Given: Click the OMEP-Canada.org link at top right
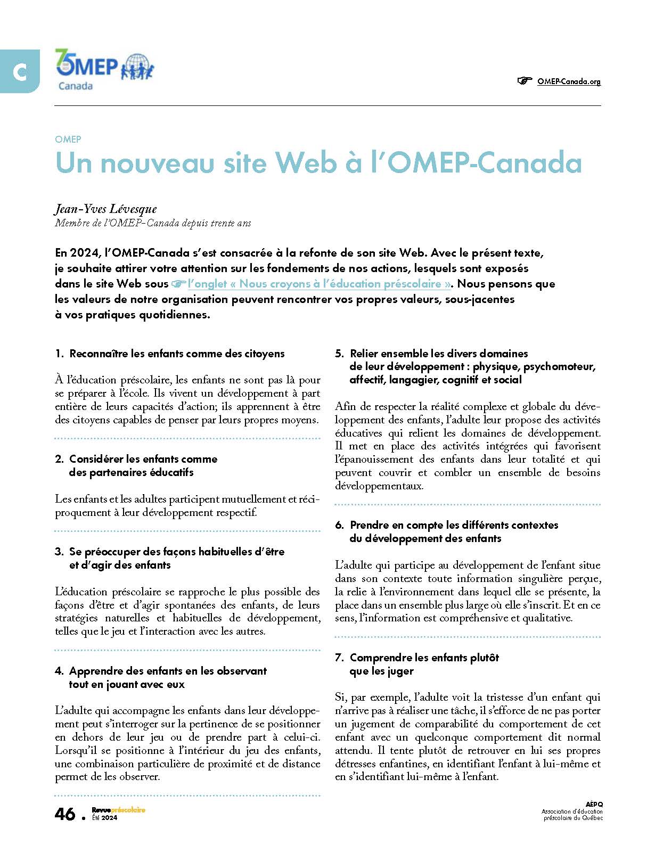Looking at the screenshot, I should tap(569, 81).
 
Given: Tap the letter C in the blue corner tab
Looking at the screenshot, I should tap(20, 72).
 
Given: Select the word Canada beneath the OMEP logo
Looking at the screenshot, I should tap(75, 86).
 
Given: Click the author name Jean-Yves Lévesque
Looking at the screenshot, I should tap(105, 209).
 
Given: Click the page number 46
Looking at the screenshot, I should tap(65, 814).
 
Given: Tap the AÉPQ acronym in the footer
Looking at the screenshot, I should tap(594, 804).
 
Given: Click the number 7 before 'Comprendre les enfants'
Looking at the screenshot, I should tap(339, 658).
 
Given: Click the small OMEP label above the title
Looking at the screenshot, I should tap(68, 140).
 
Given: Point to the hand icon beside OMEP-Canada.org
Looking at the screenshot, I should tap(525, 81).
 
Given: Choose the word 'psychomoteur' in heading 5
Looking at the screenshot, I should tap(559, 367).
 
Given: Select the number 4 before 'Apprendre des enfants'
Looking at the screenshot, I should tap(59, 671).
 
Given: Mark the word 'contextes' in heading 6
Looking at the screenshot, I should tap(534, 525).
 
